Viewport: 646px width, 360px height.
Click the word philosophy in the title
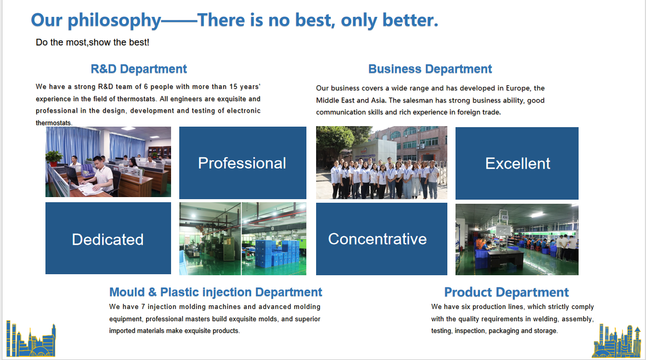pos(114,21)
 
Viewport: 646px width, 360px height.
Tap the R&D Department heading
pos(139,69)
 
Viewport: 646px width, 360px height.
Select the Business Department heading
pos(430,69)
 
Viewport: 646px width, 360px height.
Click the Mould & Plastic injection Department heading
pos(216,292)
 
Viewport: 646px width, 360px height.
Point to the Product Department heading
pos(507,292)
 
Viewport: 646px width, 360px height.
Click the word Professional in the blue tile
pos(242,163)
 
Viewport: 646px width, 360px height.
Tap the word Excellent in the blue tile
pos(518,163)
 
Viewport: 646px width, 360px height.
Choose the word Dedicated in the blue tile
pos(108,239)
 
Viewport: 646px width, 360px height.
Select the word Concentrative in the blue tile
pos(377,239)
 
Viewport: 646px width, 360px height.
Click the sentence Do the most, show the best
pos(92,42)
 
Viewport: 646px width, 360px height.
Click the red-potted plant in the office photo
pos(54,158)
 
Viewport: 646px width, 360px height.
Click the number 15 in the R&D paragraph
pos(233,87)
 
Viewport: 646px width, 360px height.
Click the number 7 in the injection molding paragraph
pos(143,306)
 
